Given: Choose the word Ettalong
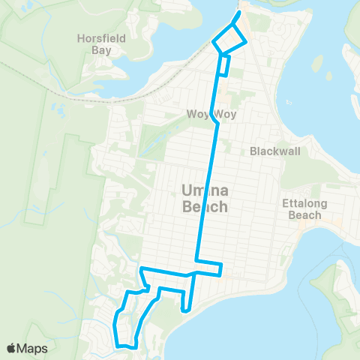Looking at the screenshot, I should click(301, 202).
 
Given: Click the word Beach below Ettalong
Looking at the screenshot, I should click(301, 215).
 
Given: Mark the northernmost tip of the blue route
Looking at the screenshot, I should click(239, 13).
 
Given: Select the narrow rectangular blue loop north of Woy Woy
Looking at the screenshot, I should click(223, 66).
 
